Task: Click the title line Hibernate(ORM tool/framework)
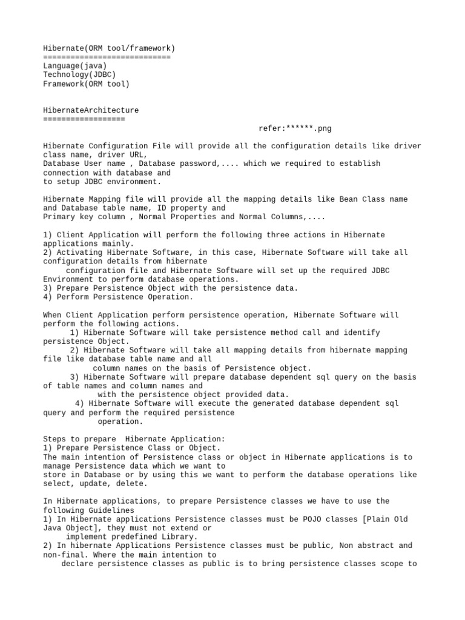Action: (x=109, y=48)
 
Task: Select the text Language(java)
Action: (x=75, y=66)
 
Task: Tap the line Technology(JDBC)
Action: (x=79, y=75)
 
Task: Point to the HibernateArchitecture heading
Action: (x=91, y=110)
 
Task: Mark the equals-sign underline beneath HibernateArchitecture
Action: (x=84, y=119)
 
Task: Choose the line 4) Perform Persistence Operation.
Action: (x=118, y=297)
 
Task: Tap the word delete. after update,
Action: (x=131, y=484)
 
